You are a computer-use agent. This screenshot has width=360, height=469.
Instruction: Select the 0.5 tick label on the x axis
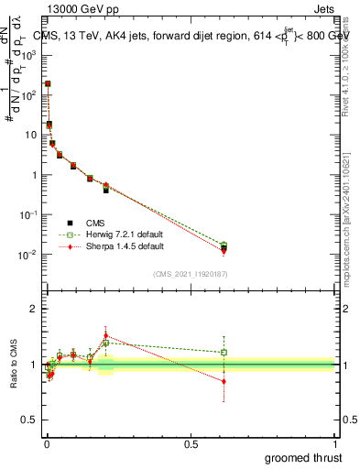(191, 443)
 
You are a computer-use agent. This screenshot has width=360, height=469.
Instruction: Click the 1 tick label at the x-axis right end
(335, 443)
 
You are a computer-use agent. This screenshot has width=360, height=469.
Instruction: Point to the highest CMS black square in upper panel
(48, 84)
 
